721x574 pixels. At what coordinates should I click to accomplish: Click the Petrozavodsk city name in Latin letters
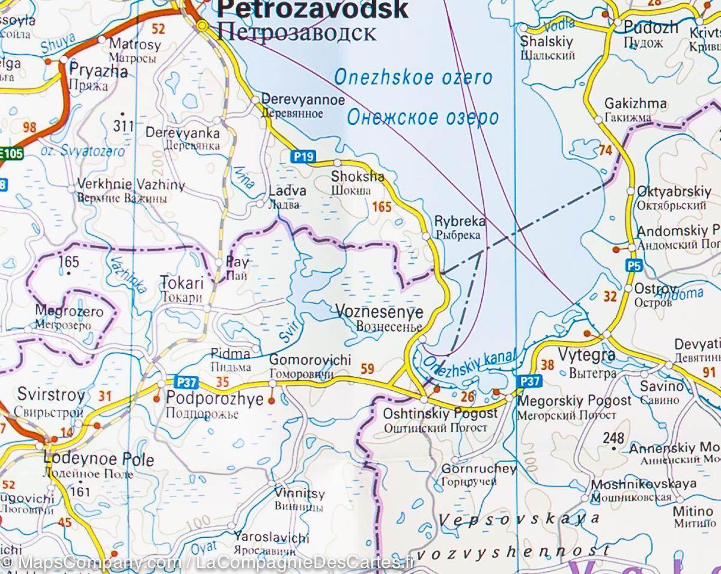tap(312, 10)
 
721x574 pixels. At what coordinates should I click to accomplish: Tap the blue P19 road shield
tap(304, 157)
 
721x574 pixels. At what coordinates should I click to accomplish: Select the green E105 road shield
tap(11, 155)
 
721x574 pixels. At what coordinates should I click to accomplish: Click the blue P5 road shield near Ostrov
tap(634, 265)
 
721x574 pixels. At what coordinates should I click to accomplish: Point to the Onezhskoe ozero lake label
tap(412, 78)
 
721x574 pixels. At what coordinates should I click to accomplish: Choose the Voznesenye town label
tap(379, 313)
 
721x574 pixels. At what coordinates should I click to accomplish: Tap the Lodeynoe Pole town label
tap(99, 460)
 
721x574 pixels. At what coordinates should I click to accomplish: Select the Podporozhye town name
tap(214, 399)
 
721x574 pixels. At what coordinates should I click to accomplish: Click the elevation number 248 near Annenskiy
tap(614, 438)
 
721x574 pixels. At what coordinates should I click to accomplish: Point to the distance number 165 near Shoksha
tap(382, 207)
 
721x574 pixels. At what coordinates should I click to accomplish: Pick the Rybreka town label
tap(459, 221)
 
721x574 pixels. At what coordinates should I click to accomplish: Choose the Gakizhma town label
tap(635, 104)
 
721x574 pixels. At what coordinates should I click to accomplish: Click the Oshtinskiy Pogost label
tap(440, 414)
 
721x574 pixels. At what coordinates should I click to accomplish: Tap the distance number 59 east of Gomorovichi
tap(367, 369)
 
